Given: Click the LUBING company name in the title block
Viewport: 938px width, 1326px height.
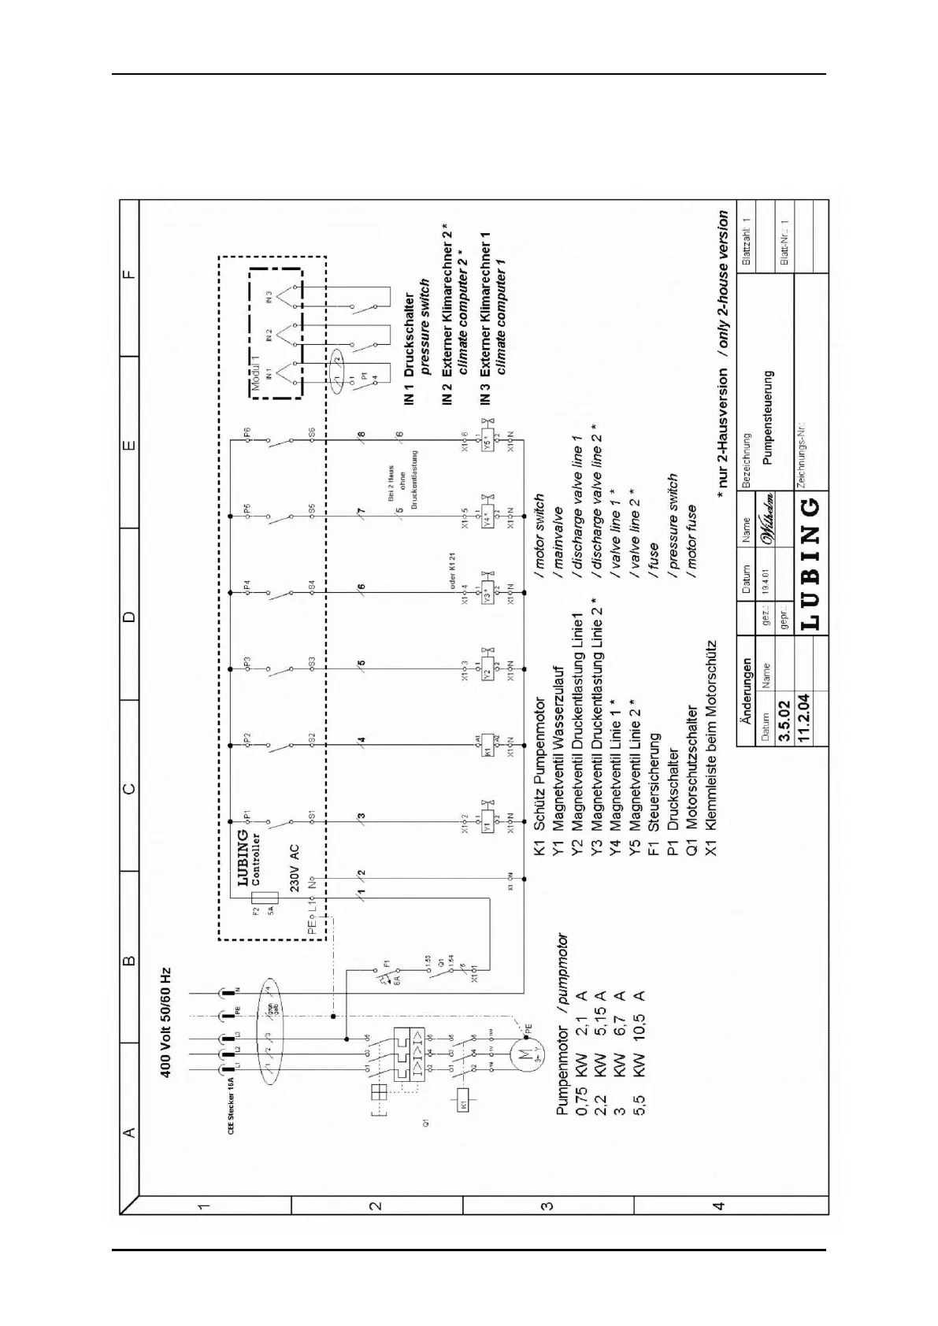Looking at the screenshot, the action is [x=812, y=562].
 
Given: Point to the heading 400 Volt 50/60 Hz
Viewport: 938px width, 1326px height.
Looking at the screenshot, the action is [x=167, y=1021].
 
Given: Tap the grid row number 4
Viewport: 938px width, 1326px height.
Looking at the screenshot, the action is [x=717, y=1227].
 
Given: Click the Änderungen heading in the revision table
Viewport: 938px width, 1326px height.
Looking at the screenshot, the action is [x=747, y=680].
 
